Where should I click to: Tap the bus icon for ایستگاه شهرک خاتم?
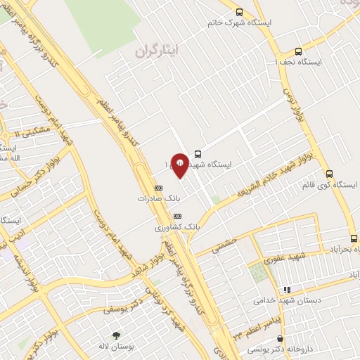(x=239, y=12)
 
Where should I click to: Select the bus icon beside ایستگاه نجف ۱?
(x=298, y=51)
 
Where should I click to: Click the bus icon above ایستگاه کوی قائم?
(x=329, y=173)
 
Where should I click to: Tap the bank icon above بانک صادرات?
(x=158, y=188)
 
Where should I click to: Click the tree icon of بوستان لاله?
(x=116, y=336)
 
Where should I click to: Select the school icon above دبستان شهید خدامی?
(x=286, y=290)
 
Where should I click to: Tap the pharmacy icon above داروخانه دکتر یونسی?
(x=281, y=340)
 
